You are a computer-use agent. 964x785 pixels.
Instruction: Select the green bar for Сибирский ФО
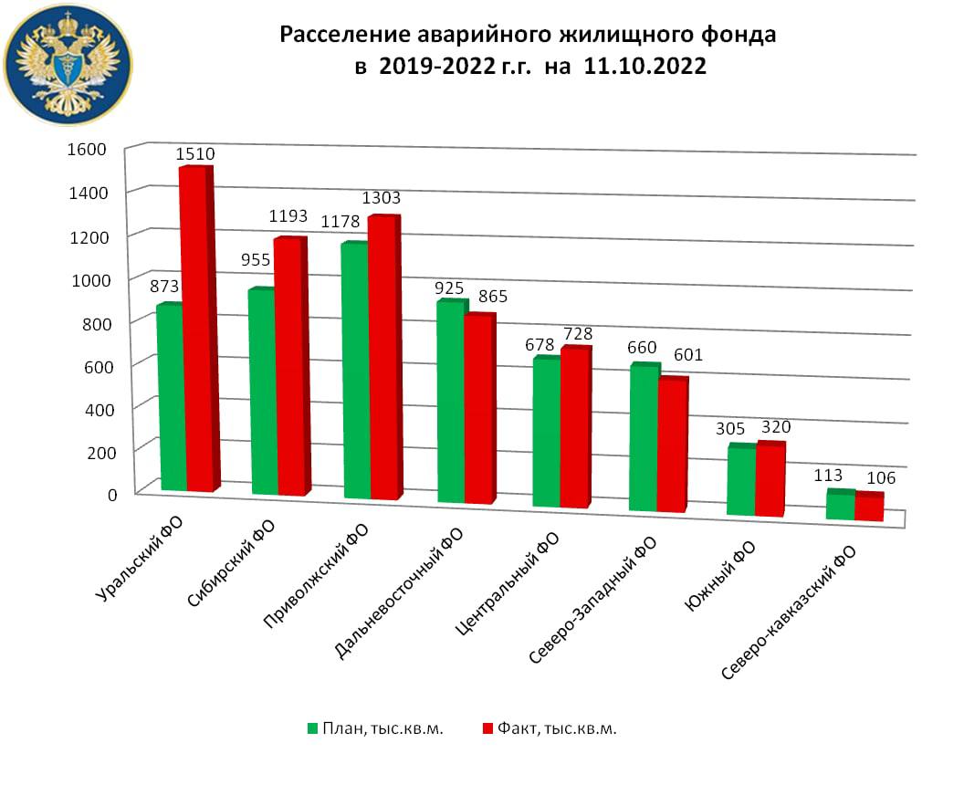pos(262,392)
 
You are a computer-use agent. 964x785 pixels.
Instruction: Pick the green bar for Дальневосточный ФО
pos(451,402)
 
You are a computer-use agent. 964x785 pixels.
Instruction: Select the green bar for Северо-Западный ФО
pos(644,438)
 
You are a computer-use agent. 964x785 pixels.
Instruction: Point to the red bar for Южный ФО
pos(770,480)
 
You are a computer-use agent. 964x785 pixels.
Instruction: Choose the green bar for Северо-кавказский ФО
pos(840,506)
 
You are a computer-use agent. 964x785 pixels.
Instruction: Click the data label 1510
pos(196,155)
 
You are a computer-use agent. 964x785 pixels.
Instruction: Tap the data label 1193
pos(288,217)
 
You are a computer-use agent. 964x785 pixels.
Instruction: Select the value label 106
pos(880,478)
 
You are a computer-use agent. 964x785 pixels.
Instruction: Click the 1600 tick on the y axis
pos(88,149)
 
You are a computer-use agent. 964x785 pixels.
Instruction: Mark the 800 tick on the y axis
pos(94,322)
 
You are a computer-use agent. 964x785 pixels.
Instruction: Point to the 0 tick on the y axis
pos(112,495)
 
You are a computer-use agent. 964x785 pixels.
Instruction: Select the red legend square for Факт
pos(487,728)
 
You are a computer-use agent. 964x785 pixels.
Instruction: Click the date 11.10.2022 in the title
pos(639,68)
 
